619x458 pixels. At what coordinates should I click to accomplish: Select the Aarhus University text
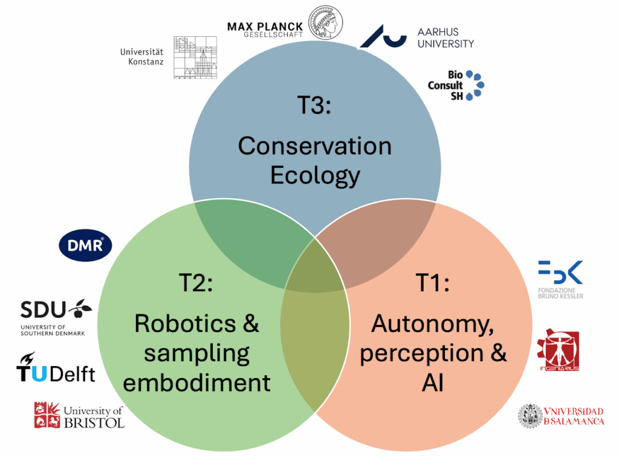446,37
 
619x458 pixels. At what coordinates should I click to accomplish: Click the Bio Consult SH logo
456,85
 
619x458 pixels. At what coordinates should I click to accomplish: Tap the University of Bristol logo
79,414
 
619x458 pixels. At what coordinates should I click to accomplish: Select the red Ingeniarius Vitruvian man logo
559,350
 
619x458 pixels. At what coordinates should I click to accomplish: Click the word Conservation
314,146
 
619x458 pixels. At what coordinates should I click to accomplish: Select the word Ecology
315,175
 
